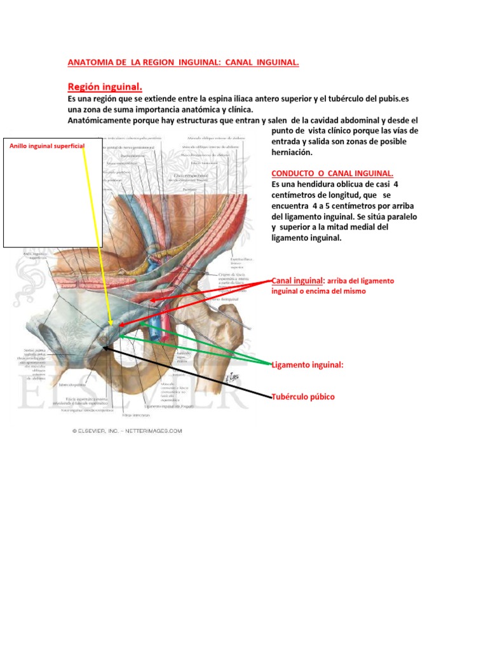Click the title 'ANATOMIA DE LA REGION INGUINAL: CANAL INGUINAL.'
183,62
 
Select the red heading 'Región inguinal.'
105,86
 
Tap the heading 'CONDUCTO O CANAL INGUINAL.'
332,174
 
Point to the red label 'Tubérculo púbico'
302,397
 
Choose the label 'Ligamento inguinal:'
307,365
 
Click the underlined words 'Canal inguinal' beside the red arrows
297,280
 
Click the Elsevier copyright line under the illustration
126,430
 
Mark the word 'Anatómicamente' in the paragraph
99,120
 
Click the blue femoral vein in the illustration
155,318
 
